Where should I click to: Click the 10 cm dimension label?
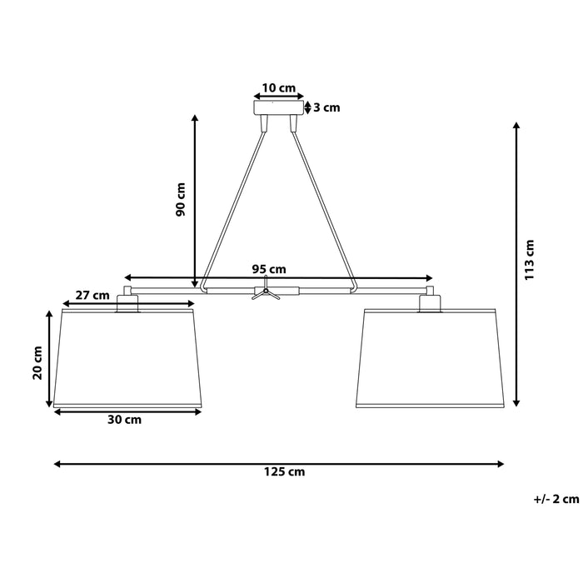pyautogui.click(x=278, y=87)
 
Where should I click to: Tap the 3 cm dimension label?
pyautogui.click(x=326, y=107)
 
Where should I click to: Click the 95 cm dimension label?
pyautogui.click(x=269, y=269)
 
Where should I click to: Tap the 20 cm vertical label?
pyautogui.click(x=37, y=362)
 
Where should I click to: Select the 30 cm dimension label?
pyautogui.click(x=124, y=420)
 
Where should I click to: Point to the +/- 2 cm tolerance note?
pyautogui.click(x=556, y=500)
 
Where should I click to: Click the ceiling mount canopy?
pyautogui.click(x=279, y=107)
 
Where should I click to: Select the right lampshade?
pyautogui.click(x=431, y=358)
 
